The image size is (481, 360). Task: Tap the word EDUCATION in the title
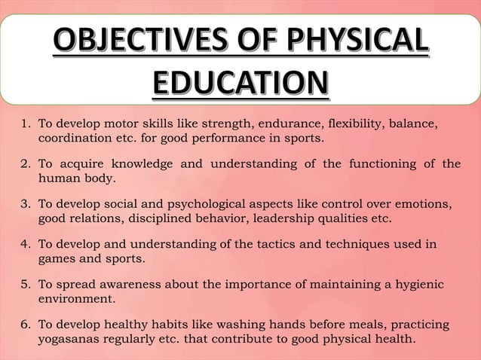pyautogui.click(x=240, y=83)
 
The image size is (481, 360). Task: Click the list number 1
pyautogui.click(x=23, y=124)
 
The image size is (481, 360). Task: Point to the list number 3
pyautogui.click(x=23, y=204)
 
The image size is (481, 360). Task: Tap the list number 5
pyautogui.click(x=23, y=284)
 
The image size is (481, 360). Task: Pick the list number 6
pyautogui.click(x=23, y=325)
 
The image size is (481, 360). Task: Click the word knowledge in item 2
pyautogui.click(x=142, y=164)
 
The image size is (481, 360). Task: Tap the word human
pyautogui.click(x=59, y=179)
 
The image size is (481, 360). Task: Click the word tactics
pyautogui.click(x=266, y=244)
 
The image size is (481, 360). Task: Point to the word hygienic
pyautogui.click(x=418, y=284)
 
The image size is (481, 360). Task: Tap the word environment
pyautogui.click(x=76, y=299)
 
